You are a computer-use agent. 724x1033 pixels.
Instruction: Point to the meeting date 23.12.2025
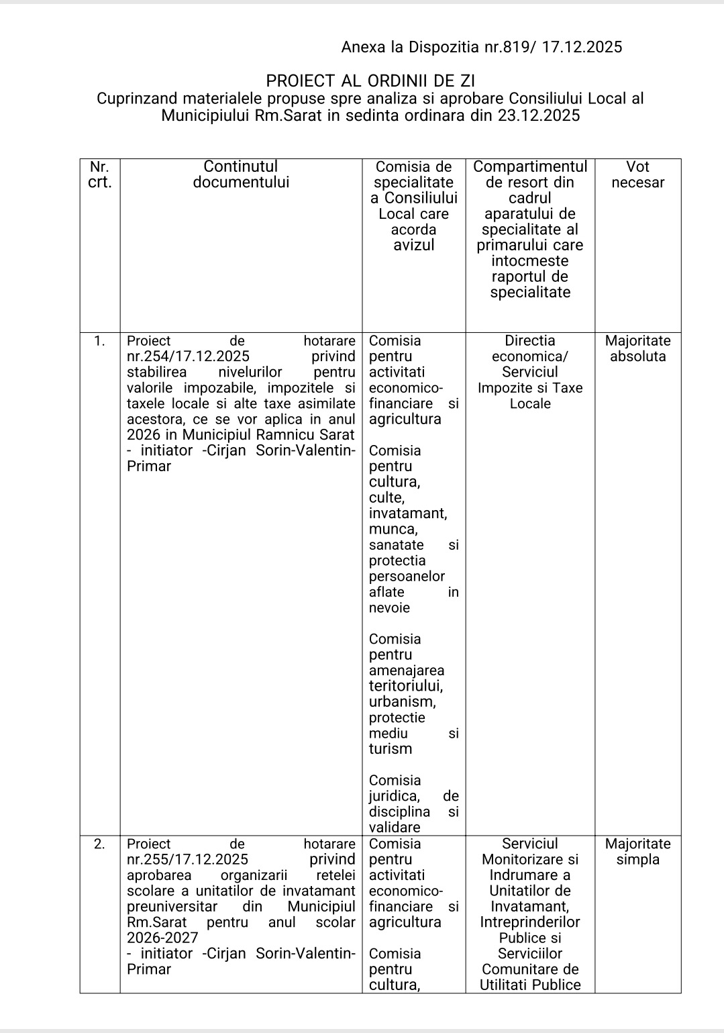[x=539, y=115]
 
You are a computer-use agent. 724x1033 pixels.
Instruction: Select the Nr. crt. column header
[x=99, y=175]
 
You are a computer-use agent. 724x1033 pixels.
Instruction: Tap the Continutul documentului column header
[x=241, y=175]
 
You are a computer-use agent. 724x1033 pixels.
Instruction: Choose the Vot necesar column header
[x=637, y=175]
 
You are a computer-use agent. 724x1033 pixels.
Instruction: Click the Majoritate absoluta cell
[x=637, y=348]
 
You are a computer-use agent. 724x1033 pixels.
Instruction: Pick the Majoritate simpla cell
[x=637, y=852]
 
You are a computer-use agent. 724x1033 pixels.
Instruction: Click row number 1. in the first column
[x=99, y=341]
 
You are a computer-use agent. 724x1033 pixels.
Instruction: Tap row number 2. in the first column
[x=99, y=844]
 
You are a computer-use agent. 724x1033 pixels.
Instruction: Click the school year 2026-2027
[x=162, y=938]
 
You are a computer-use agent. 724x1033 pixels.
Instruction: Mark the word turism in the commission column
[x=391, y=749]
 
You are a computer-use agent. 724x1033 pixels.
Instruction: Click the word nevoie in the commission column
[x=389, y=608]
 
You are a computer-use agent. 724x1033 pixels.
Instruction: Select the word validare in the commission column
[x=395, y=828]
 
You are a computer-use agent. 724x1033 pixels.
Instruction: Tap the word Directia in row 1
[x=529, y=341]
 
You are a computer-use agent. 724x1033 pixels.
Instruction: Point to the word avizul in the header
[x=413, y=245]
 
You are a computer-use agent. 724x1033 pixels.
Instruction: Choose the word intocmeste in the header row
[x=529, y=261]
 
